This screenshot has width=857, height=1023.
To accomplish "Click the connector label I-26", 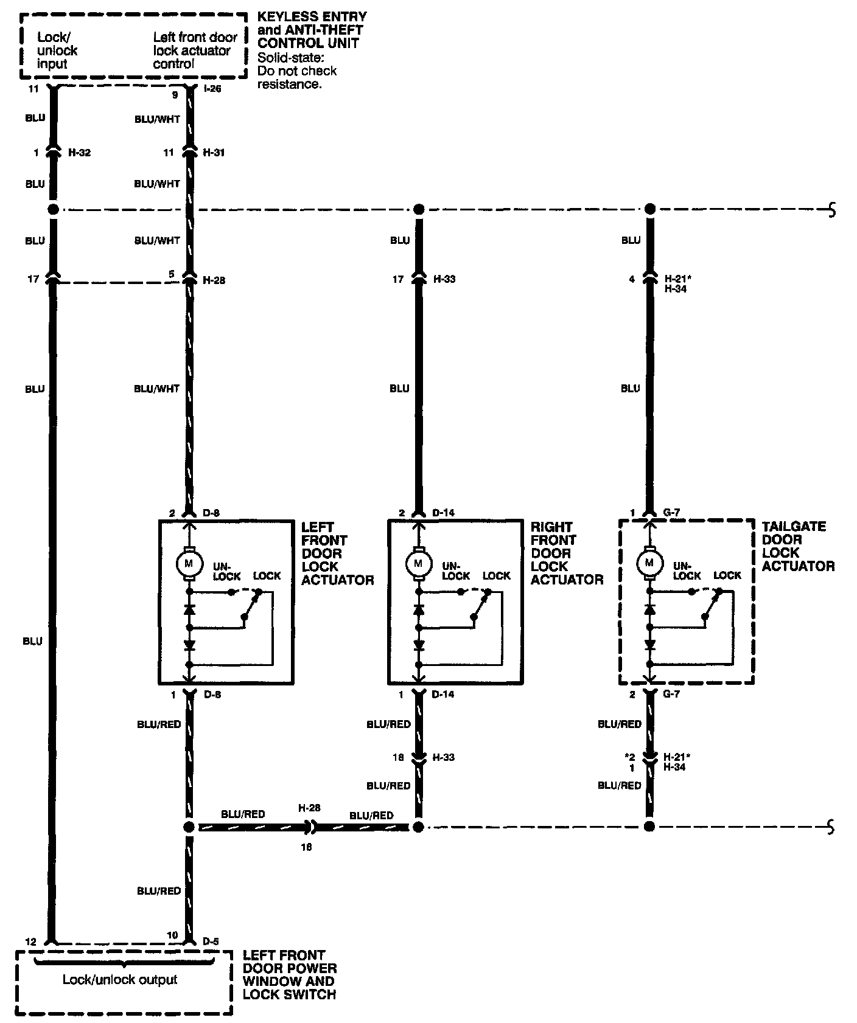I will click(214, 89).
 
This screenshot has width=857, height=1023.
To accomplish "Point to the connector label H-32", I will click(79, 153).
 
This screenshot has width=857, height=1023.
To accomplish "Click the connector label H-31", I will click(214, 153).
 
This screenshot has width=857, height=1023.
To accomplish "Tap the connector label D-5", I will click(211, 942).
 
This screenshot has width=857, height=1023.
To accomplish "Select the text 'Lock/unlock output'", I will click(120, 980).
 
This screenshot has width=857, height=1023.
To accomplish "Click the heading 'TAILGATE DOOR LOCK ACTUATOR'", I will click(797, 546).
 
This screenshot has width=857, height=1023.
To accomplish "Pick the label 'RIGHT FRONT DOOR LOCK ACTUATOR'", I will click(566, 553).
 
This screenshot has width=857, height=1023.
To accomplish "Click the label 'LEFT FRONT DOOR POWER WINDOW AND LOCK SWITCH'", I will click(289, 975).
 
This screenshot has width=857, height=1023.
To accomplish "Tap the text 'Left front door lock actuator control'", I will click(195, 50).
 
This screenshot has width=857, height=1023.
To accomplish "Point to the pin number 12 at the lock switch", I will click(31, 942).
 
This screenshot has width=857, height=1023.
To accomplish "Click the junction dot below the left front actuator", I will click(189, 827).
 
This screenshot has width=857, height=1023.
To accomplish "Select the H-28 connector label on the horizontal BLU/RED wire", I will click(309, 808).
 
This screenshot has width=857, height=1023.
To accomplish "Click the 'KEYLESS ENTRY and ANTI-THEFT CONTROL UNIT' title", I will click(312, 30).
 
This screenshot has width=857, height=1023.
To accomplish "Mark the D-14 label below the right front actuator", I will click(443, 695).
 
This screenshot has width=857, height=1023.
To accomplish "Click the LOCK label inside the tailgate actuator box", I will click(727, 575).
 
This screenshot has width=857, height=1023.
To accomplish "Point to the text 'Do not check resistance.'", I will click(297, 77).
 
